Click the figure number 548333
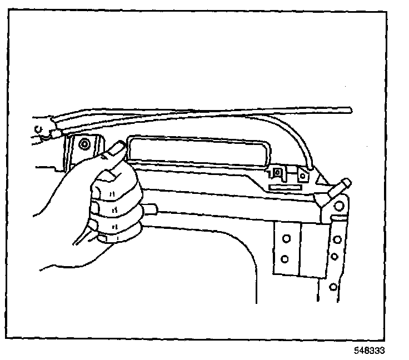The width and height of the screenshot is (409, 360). point(369,351)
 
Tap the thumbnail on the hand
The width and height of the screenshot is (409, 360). point(117,148)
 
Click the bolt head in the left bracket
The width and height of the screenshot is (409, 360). point(84,146)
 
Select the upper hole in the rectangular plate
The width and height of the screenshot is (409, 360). point(286,239)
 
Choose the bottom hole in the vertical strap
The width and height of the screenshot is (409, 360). point(333,287)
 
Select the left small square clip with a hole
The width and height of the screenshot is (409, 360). point(279,173)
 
